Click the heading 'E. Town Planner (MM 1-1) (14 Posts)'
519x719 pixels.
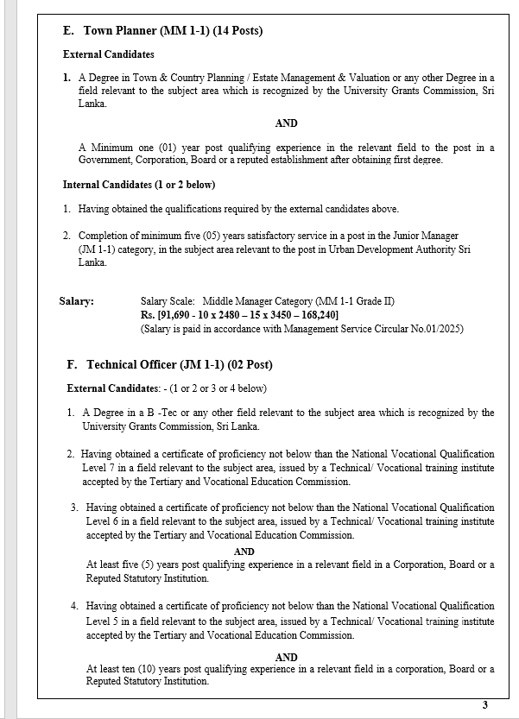(163, 31)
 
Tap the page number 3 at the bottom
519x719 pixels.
(484, 704)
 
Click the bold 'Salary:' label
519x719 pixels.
(77, 301)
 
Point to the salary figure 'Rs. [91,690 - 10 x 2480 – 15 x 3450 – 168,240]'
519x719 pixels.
(246, 315)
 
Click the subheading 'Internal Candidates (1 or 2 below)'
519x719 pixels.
(139, 185)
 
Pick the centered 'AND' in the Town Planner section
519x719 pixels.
(286, 123)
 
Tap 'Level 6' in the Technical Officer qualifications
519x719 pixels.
(104, 521)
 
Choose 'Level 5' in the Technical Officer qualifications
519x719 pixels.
(104, 621)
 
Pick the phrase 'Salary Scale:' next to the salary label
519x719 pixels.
(168, 301)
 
